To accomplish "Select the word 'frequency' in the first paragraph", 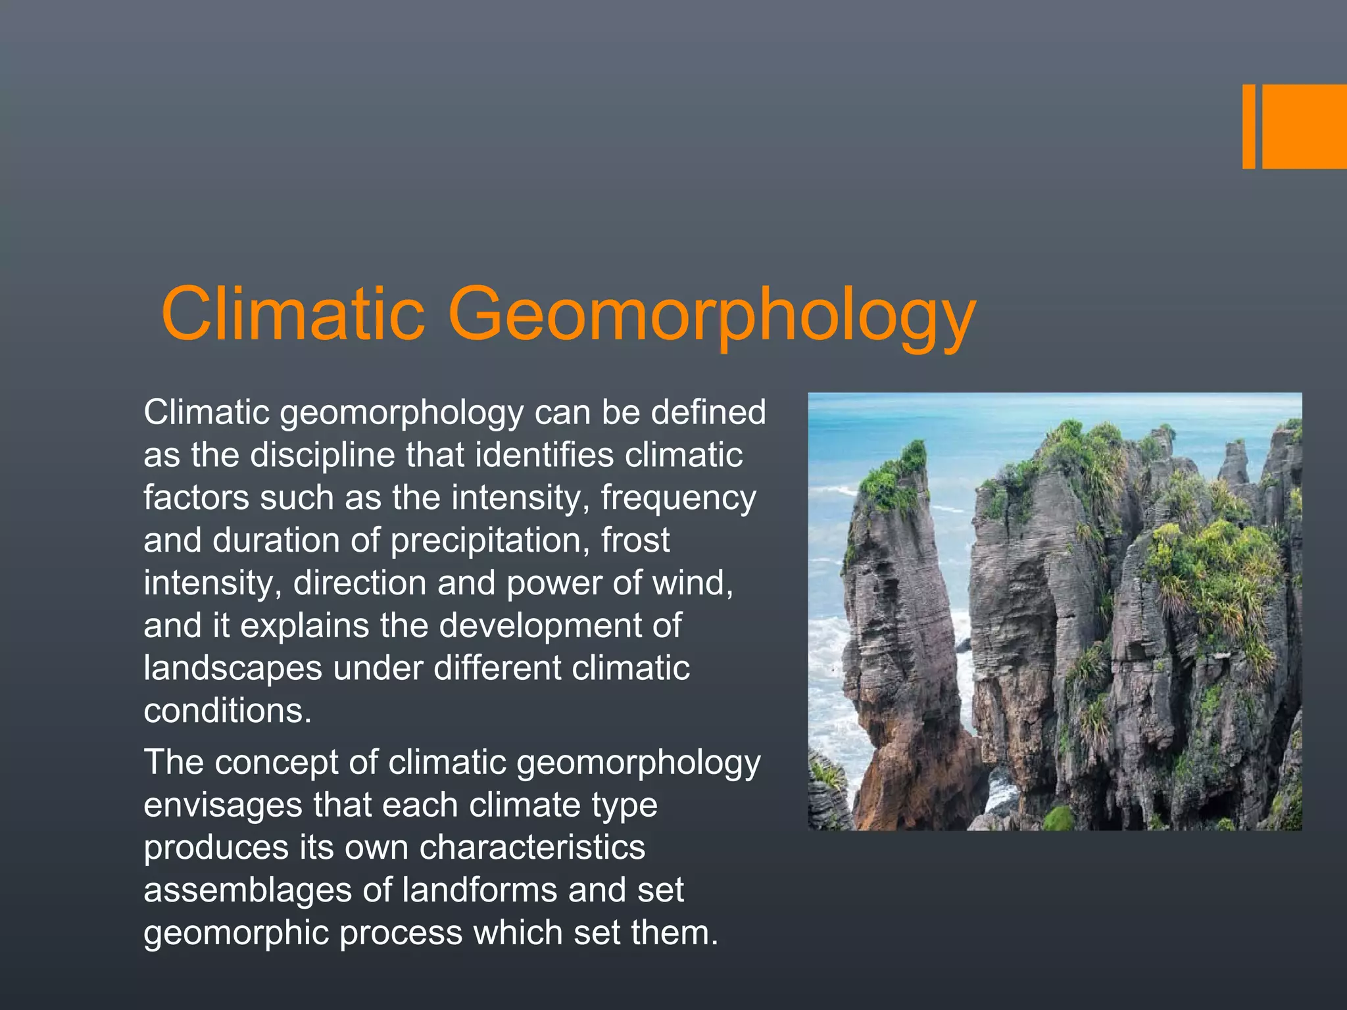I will coord(678,498).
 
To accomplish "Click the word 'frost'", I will coord(635,541).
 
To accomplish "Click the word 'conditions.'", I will coord(228,711).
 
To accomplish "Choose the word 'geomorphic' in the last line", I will coord(235,934).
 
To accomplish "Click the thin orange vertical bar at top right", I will coord(1248,126).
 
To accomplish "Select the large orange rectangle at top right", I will coord(1304,126).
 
